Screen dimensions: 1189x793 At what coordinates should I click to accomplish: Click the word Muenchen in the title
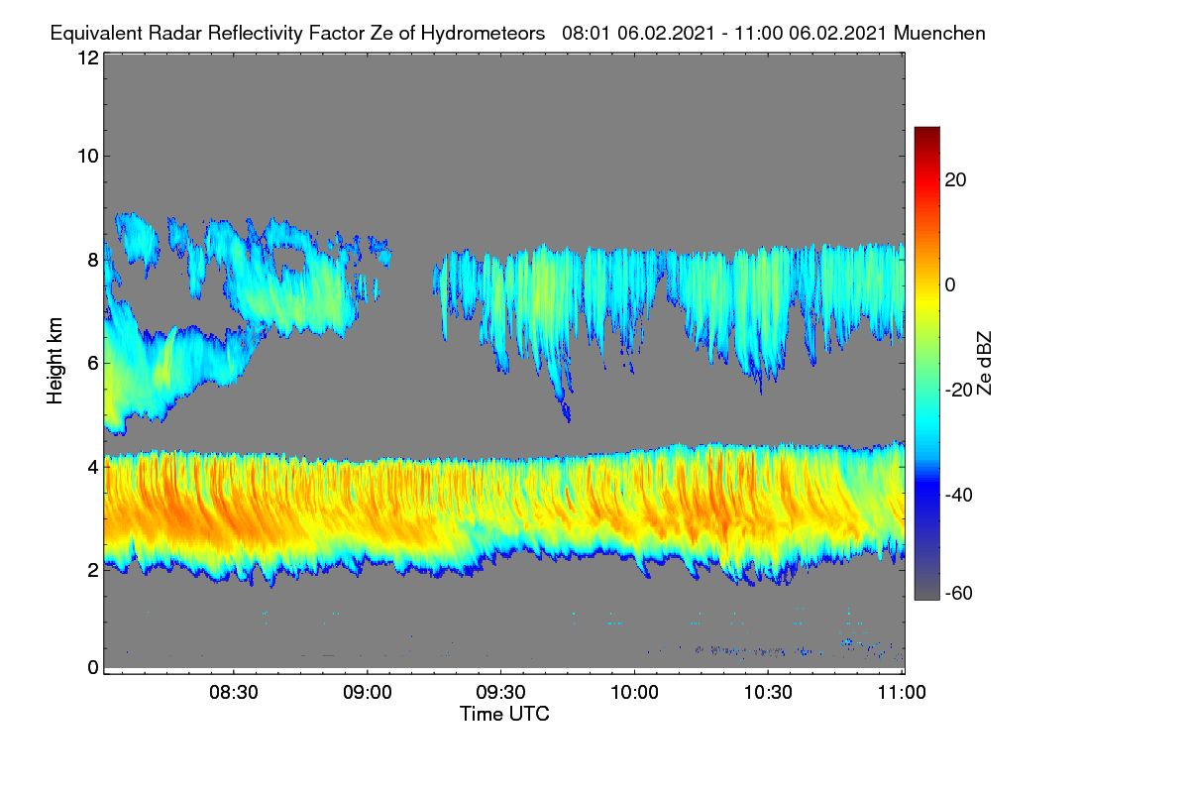[x=939, y=33]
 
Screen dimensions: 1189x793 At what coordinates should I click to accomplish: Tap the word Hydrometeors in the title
[x=483, y=34]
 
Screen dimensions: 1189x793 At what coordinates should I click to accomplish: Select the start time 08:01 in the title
[x=586, y=33]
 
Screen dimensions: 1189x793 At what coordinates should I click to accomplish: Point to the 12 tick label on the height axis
[x=88, y=57]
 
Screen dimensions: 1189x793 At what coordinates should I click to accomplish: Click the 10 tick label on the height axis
[x=88, y=157]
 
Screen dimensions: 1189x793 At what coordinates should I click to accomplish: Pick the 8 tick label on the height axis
[x=93, y=260]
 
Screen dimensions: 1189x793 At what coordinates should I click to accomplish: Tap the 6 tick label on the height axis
[x=93, y=364]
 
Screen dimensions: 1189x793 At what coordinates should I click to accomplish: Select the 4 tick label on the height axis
[x=93, y=468]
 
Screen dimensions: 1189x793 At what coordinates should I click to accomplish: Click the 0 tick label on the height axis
[x=93, y=667]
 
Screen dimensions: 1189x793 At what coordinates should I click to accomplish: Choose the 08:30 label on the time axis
[x=234, y=693]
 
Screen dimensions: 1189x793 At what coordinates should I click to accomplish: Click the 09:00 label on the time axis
[x=368, y=693]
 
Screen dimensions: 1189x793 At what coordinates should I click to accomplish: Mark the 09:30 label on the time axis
[x=500, y=693]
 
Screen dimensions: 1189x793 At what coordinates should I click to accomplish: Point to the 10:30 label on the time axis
[x=768, y=693]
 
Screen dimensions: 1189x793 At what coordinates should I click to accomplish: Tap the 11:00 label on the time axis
[x=902, y=693]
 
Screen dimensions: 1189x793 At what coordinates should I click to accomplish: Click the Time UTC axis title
[x=504, y=714]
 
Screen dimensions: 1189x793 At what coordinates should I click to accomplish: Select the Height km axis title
[x=54, y=361]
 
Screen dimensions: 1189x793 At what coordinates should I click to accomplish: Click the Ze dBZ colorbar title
[x=984, y=363]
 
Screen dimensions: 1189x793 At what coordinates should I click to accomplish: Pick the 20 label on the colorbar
[x=955, y=180]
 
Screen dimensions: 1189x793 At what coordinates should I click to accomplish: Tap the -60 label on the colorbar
[x=959, y=593]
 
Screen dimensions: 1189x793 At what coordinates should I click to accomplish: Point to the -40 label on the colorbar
[x=959, y=495]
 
